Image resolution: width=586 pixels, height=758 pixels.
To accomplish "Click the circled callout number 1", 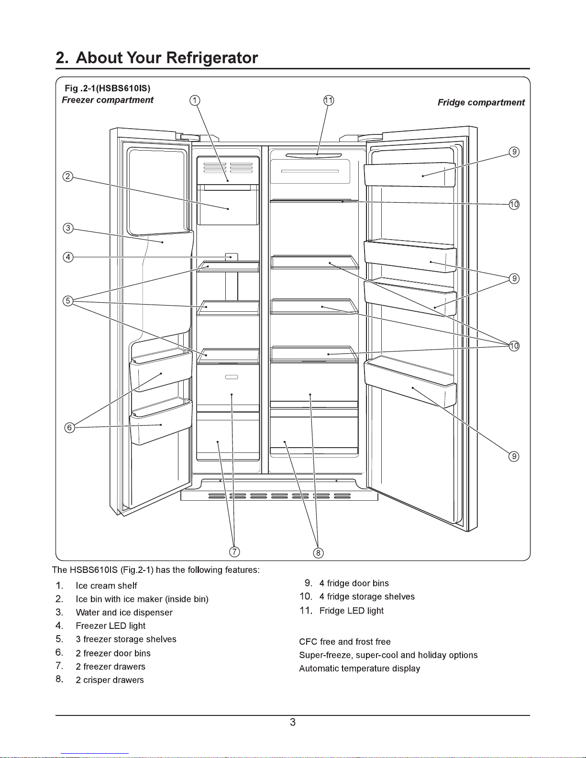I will tap(195, 100).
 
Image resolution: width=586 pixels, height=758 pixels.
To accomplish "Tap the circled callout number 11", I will tap(329, 100).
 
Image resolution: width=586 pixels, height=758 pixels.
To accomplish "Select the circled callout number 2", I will tap(68, 176).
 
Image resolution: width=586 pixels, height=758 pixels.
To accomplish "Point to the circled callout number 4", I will tap(68, 257).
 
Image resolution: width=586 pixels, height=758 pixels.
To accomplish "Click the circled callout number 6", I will tap(70, 428).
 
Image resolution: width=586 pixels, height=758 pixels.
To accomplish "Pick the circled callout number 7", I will tap(234, 551).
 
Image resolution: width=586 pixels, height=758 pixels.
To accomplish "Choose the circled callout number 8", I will tap(318, 553).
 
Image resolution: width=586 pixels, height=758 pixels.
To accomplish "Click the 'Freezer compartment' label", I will tap(108, 100).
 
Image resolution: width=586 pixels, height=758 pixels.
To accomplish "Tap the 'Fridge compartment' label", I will tap(481, 102).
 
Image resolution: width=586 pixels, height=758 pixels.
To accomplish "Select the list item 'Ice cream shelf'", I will tap(106, 586).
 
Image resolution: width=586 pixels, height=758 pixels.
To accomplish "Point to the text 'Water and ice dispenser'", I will tap(124, 613).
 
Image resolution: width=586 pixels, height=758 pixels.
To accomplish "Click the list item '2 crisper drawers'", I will tap(110, 680).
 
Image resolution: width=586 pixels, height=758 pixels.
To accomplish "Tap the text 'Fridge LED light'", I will tap(351, 611).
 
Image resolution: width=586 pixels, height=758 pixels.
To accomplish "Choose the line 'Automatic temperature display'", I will tap(359, 669).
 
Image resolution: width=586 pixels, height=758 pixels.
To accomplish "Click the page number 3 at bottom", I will tap(293, 722).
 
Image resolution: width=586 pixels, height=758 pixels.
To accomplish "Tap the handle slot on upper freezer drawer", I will tap(232, 377).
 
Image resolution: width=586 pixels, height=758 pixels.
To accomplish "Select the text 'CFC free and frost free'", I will tap(344, 642).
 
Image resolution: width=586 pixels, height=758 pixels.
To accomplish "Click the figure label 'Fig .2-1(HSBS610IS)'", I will tap(108, 88).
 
